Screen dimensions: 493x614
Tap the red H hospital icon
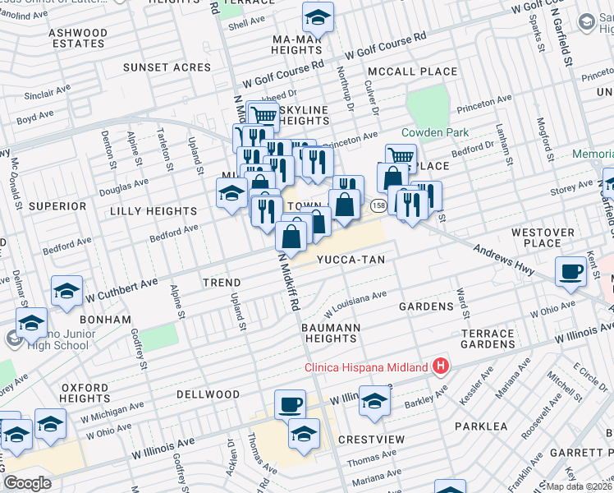coord(441,366)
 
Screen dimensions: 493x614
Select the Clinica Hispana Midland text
coord(366,367)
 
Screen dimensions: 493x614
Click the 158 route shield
coord(378,205)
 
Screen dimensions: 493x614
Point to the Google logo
coord(27,483)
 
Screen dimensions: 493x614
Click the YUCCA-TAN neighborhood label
coord(351,260)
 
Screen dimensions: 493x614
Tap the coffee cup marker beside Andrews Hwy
coord(570,270)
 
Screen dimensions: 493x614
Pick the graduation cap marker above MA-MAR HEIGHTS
coord(318,16)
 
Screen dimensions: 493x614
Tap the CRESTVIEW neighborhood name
coord(371,440)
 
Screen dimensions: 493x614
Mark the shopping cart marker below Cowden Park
coord(400,157)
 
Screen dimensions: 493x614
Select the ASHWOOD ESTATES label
coord(78,38)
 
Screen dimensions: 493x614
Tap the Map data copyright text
coord(580,486)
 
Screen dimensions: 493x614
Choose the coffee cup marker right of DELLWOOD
coord(290,404)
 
